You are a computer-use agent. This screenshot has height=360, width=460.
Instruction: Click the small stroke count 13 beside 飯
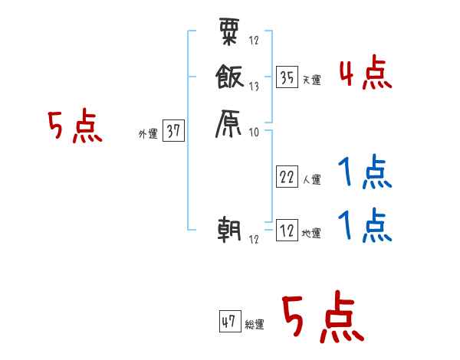point(254,87)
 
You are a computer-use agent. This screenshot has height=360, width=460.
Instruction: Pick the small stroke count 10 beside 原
point(254,133)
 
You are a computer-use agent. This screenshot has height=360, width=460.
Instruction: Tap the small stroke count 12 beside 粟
point(254,41)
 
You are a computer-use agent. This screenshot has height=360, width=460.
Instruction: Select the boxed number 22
point(287,176)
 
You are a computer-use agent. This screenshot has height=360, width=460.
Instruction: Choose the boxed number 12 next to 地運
point(287,230)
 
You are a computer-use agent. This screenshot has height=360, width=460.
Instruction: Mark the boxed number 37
point(173,131)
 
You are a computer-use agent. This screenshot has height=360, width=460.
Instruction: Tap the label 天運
point(311,80)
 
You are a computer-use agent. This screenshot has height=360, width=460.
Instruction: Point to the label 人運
point(311,180)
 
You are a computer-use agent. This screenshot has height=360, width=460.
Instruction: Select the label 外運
point(147,134)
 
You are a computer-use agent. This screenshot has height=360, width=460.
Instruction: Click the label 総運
point(255,326)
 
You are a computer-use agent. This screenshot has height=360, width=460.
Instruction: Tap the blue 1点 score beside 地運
point(365,227)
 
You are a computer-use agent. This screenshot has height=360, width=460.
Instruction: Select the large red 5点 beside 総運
point(322,319)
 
